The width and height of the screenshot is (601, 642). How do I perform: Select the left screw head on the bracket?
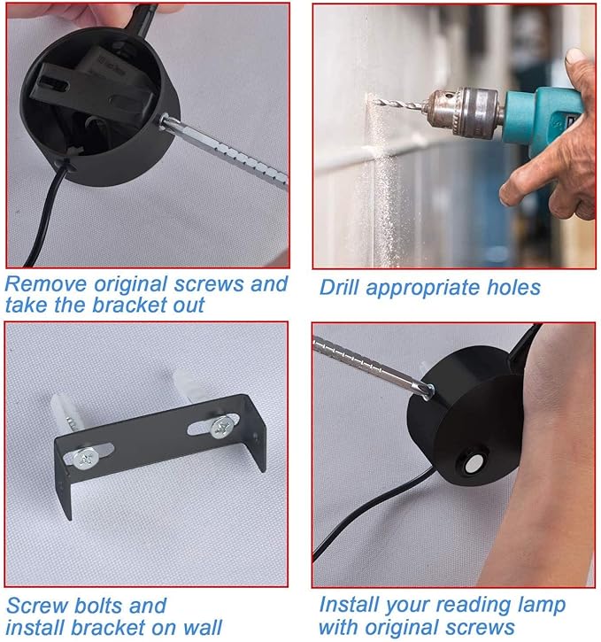point(86,459)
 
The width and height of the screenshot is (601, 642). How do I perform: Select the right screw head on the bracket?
point(222,427)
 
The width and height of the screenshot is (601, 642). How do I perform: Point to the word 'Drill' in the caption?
point(339,287)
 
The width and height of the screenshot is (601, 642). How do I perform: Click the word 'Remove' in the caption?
point(46,283)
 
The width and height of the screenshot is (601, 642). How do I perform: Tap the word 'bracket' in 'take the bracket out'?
point(130,305)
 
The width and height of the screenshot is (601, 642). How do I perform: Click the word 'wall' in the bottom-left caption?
point(202,627)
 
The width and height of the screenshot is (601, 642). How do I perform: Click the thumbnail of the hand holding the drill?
point(454,136)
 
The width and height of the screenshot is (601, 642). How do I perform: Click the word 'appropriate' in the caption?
point(422,289)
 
